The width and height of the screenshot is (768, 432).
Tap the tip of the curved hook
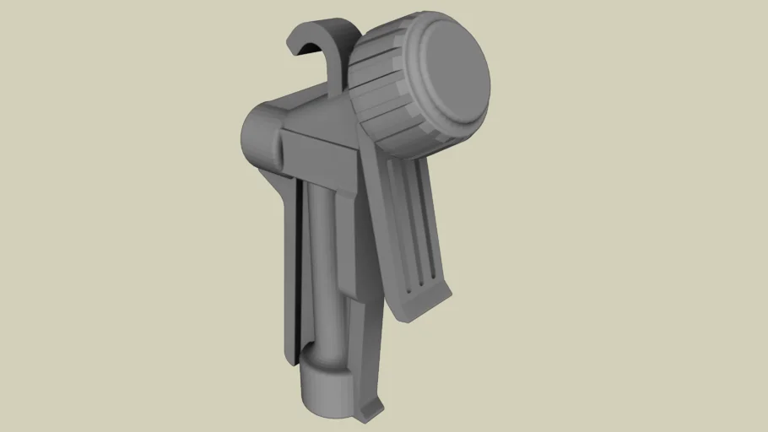click(297, 51)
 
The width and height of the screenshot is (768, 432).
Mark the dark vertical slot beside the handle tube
click(300, 270)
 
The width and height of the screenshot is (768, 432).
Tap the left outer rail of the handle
click(287, 270)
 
